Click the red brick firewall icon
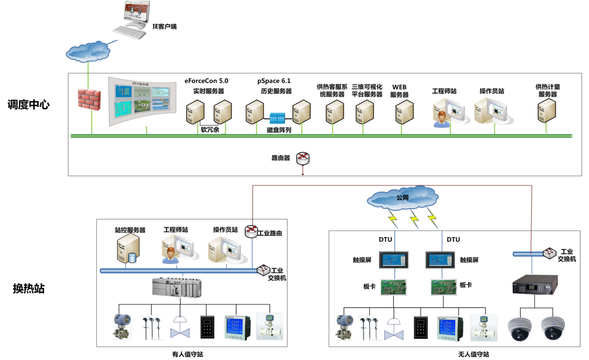[89, 99]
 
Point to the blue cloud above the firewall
[88, 51]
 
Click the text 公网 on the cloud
[402, 198]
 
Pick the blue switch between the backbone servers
[277, 118]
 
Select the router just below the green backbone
[303, 159]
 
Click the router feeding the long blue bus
[251, 231]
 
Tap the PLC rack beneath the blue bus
[177, 287]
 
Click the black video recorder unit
[535, 284]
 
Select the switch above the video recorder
[550, 253]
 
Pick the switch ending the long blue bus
[264, 270]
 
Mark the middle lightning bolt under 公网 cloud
[414, 219]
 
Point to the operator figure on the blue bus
[170, 255]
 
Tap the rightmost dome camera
[552, 328]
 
